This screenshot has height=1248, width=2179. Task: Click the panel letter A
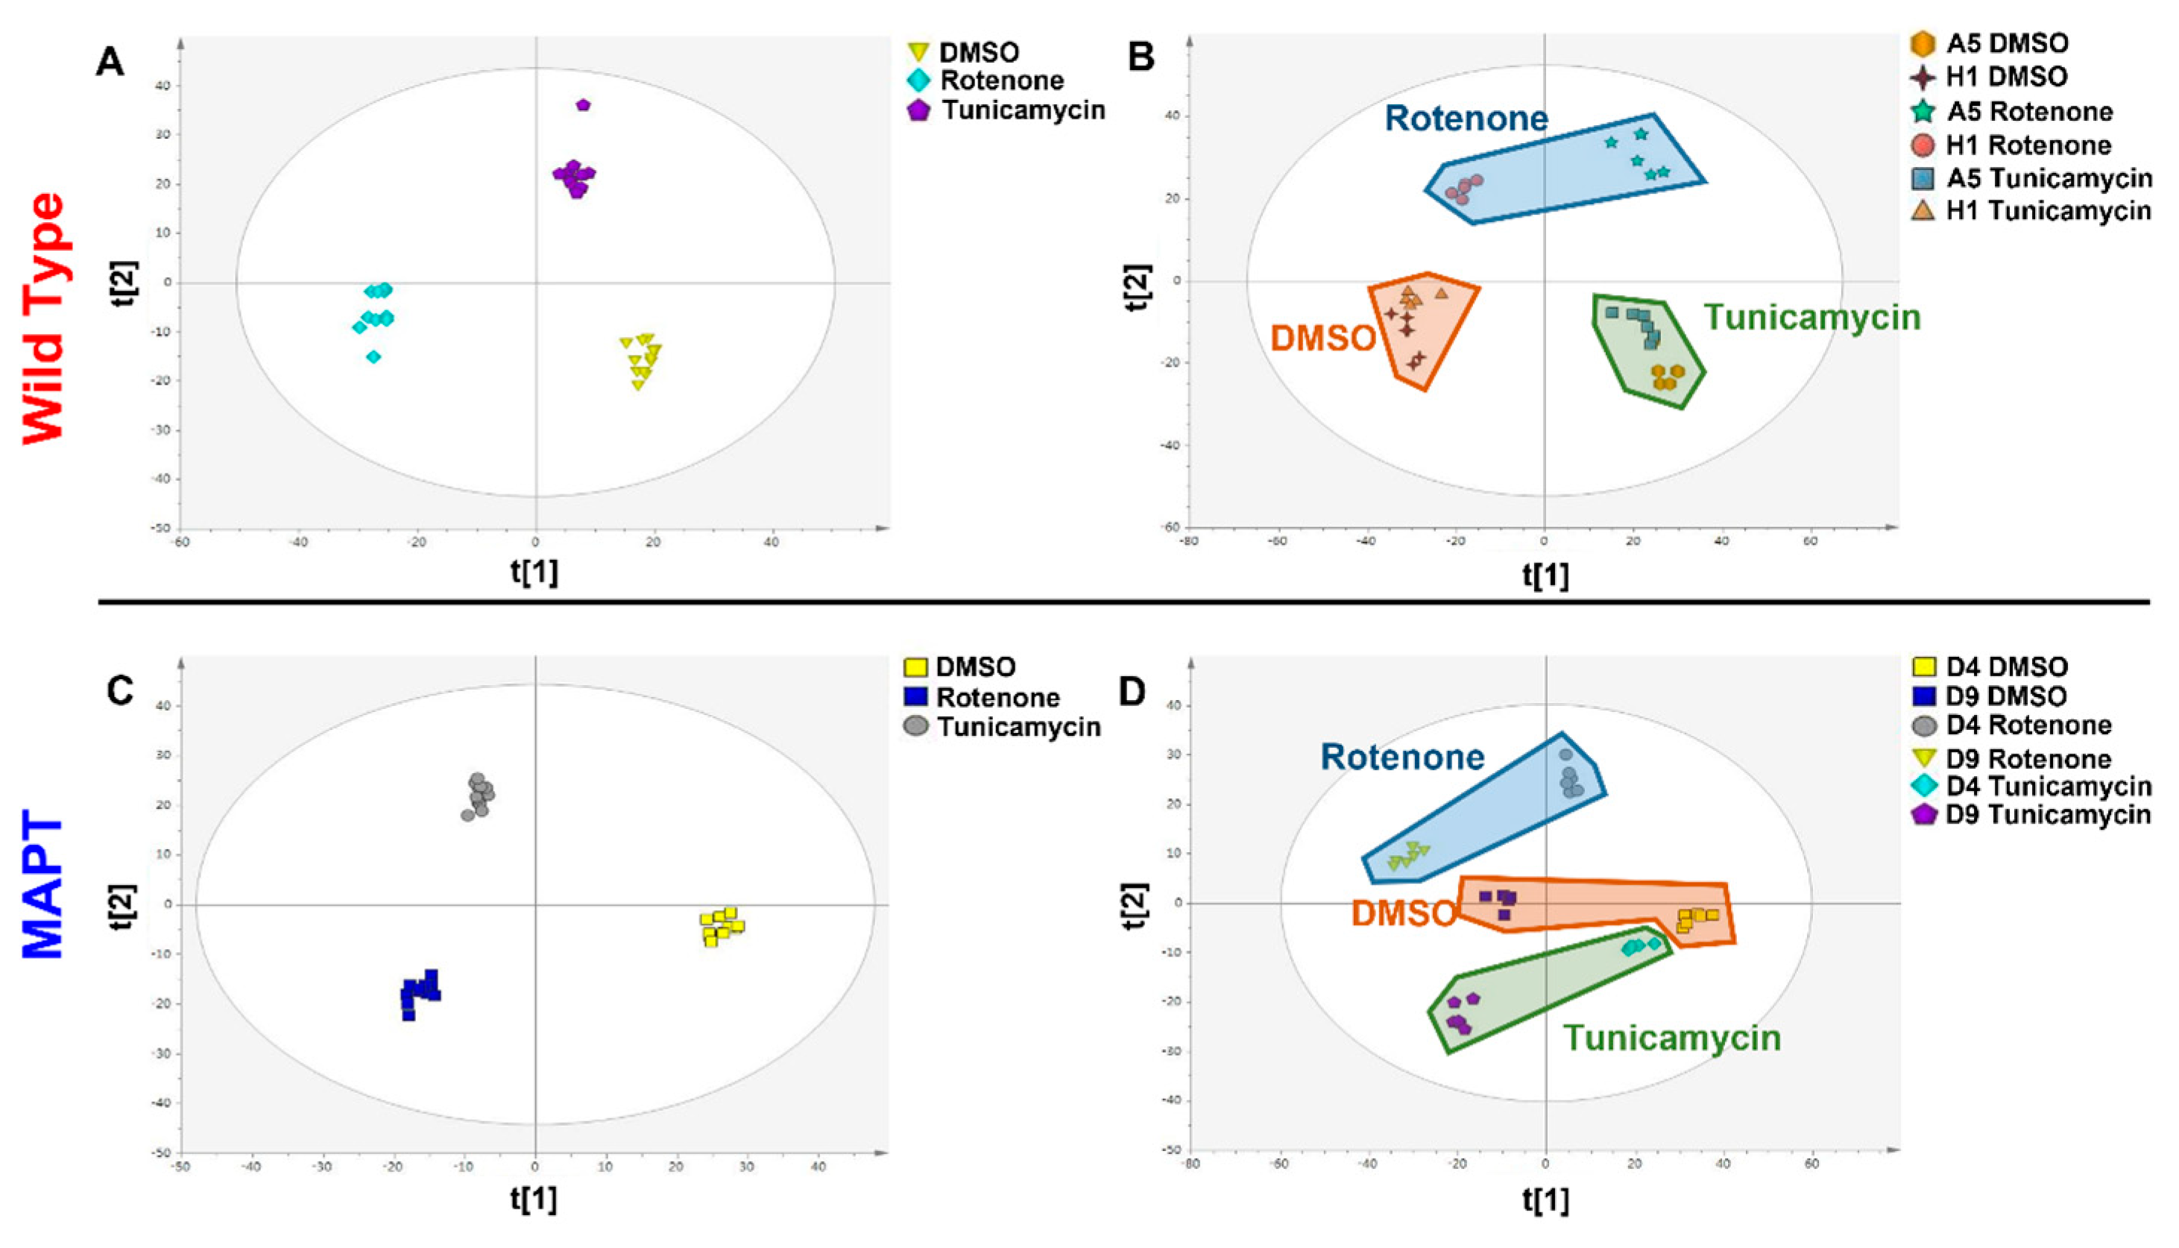pos(110,63)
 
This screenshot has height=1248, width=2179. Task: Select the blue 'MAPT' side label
pos(42,887)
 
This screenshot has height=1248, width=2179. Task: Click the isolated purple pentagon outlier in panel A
pos(584,104)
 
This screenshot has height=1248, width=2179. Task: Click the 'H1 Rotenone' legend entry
pos(2028,145)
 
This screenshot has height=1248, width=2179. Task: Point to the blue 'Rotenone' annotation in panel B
pos(1466,119)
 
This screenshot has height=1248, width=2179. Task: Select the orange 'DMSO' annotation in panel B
pos(1323,338)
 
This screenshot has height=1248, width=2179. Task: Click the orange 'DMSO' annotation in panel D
pos(1404,914)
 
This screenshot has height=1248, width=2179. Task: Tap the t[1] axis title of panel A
pos(534,573)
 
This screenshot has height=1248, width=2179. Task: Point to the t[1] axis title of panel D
pos(1545,1200)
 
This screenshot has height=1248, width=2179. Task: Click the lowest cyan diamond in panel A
pos(373,356)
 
